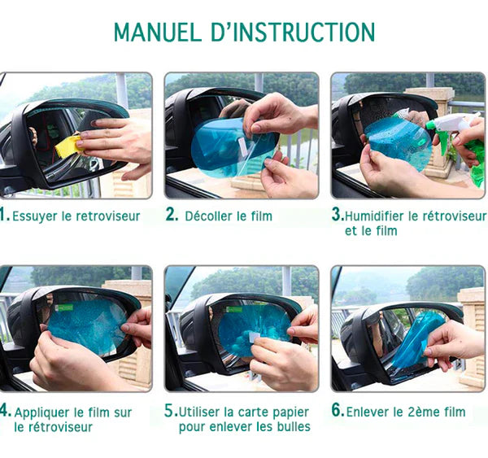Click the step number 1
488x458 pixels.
(x=3, y=216)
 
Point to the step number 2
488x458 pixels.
(x=172, y=216)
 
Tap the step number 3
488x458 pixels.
(x=337, y=216)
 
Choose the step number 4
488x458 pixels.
(x=4, y=412)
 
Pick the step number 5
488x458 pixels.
(x=170, y=412)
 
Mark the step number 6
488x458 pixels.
(x=337, y=412)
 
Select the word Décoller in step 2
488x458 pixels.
(x=211, y=216)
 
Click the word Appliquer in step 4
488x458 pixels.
(x=45, y=412)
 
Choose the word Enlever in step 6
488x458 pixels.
(x=369, y=412)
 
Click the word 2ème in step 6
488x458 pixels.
(x=420, y=412)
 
